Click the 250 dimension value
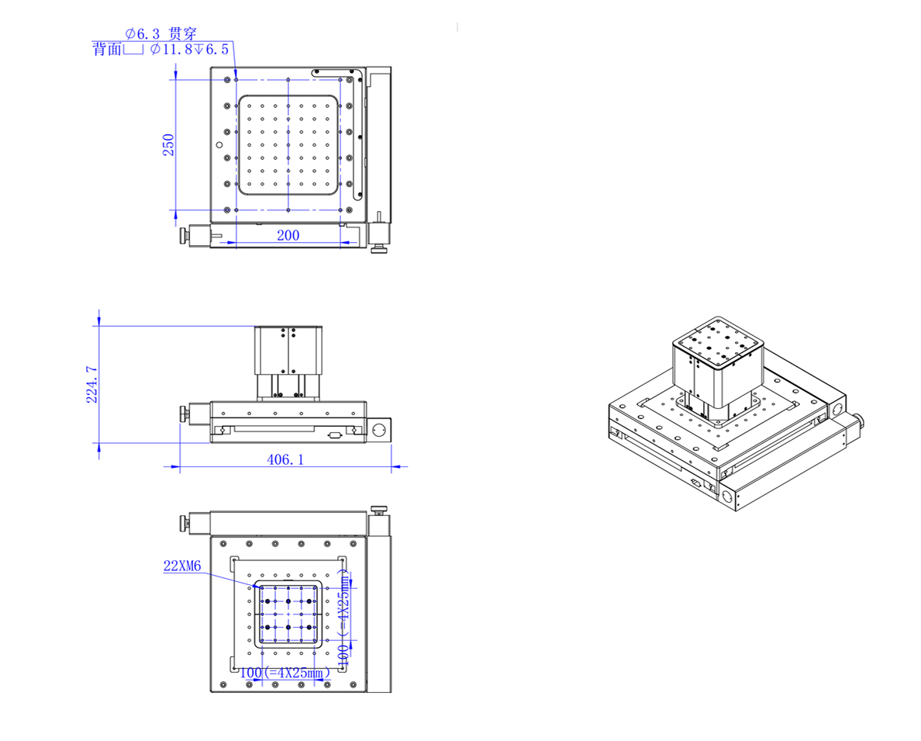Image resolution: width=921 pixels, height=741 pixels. click(x=168, y=144)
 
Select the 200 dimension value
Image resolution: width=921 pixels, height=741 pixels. click(x=288, y=235)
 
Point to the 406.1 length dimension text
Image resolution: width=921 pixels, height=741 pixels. click(x=285, y=459)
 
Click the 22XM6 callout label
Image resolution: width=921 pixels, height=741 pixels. click(x=182, y=566)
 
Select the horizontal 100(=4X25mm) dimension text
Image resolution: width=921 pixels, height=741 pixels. click(x=281, y=673)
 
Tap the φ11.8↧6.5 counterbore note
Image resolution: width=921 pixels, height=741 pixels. click(x=189, y=50)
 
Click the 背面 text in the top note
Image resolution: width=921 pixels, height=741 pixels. click(x=106, y=50)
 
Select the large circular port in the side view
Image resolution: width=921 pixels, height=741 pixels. click(x=379, y=429)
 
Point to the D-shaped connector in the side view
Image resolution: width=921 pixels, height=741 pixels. click(x=334, y=435)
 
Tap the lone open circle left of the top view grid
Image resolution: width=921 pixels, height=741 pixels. click(x=219, y=145)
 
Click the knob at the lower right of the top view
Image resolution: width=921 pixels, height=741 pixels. click(x=379, y=249)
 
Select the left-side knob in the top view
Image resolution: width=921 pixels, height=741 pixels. click(x=184, y=235)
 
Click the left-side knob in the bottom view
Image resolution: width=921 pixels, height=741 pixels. click(x=184, y=524)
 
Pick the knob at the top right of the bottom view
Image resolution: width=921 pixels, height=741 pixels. click(x=379, y=510)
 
